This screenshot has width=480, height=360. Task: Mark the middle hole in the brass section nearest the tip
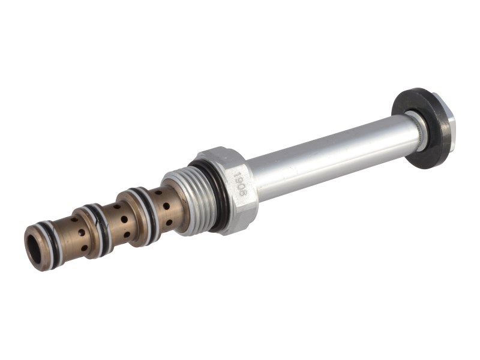click(x=78, y=234)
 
